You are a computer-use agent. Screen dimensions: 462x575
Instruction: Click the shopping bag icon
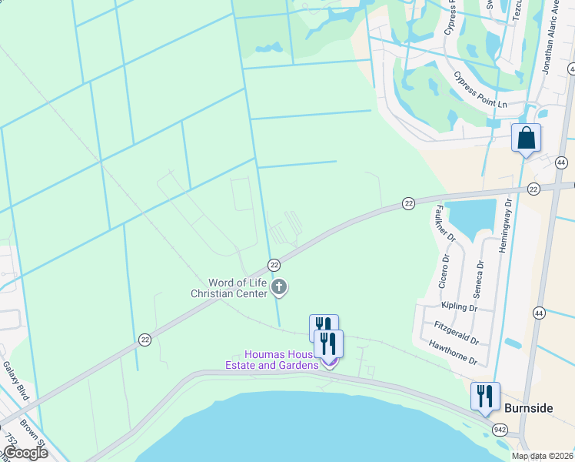pyautogui.click(x=527, y=139)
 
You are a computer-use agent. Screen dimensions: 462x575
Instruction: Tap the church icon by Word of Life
pyautogui.click(x=279, y=288)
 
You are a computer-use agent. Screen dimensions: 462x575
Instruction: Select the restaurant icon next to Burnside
pyautogui.click(x=485, y=397)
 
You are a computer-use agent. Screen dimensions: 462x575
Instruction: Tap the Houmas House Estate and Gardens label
pyautogui.click(x=271, y=360)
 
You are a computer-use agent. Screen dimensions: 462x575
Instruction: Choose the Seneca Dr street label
pyautogui.click(x=479, y=274)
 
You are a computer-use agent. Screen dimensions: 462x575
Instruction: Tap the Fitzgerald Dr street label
pyautogui.click(x=456, y=333)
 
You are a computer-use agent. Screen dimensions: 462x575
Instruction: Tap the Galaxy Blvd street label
pyautogui.click(x=15, y=381)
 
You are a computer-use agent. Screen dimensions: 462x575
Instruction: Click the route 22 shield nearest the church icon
pyautogui.click(x=274, y=265)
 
